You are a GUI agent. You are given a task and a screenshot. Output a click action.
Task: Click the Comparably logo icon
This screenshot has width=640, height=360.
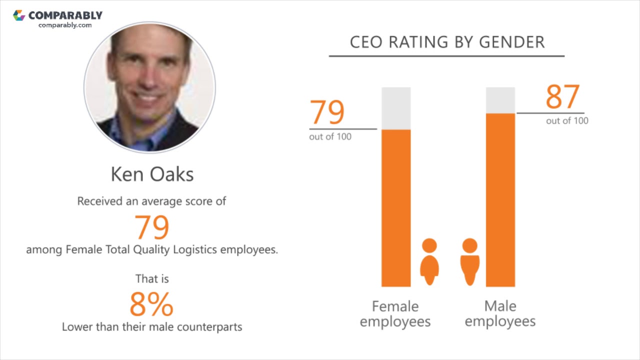[x=19, y=15]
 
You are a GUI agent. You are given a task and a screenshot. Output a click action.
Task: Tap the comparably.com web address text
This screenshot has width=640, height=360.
[x=65, y=25]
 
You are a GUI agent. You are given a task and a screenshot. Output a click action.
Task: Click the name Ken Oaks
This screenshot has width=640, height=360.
[x=152, y=174]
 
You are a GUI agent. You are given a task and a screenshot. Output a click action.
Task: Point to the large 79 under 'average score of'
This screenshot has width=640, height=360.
[x=152, y=227]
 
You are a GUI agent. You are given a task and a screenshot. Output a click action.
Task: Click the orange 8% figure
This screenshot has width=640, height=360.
[x=151, y=304]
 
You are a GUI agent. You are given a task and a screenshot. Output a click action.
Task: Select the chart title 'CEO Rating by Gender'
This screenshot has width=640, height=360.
[x=447, y=42]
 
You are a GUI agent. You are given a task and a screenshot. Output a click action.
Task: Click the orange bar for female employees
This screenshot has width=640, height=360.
[x=396, y=207]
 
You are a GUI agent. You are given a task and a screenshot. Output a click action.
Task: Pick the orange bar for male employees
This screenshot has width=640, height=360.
[x=500, y=200]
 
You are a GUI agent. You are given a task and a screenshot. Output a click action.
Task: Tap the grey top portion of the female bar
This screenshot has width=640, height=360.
[x=396, y=108]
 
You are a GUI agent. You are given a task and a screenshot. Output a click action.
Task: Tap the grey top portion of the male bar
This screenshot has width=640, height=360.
[x=500, y=100]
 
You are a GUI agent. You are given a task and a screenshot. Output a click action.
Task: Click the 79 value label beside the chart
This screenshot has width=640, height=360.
[x=327, y=112]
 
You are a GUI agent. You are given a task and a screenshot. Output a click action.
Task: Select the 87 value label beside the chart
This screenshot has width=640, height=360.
[x=562, y=97]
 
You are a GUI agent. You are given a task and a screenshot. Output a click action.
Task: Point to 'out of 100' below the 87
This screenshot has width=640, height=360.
[x=567, y=121]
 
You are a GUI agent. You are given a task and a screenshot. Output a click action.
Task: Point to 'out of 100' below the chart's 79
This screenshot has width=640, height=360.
[x=330, y=137]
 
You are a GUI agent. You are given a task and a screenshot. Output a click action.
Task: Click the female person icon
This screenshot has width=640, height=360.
[x=429, y=261]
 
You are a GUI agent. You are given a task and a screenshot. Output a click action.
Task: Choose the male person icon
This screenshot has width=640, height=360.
[x=469, y=261]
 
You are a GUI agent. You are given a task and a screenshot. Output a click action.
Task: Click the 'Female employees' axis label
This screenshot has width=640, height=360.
[x=395, y=313]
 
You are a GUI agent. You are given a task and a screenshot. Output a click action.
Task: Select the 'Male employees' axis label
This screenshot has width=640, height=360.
[x=500, y=313]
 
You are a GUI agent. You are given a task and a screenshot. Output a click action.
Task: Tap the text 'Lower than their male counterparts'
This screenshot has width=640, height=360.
[x=152, y=327]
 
